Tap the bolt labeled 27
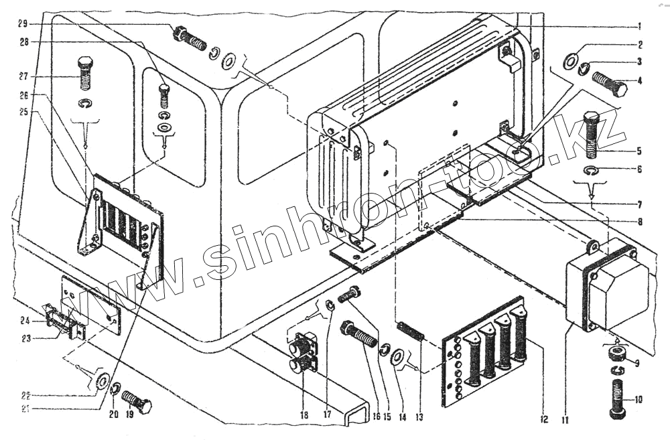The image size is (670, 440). (x=84, y=73)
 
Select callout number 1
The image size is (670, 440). (x=639, y=27)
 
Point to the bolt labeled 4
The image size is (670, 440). (x=610, y=84)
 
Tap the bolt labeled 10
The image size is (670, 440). (x=617, y=398)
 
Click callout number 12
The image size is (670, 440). (x=543, y=420)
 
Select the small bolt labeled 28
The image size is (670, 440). (x=163, y=96)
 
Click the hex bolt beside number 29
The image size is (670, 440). (x=190, y=38)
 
